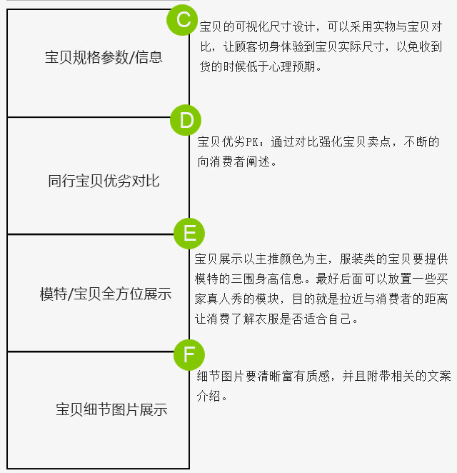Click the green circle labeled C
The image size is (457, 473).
[x=184, y=20]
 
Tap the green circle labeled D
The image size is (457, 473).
[x=186, y=120]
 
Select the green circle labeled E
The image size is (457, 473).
[x=189, y=234]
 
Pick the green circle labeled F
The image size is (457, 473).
[x=189, y=354]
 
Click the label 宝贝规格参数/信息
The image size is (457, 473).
[x=104, y=57]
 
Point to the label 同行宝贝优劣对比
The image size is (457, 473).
[x=104, y=181]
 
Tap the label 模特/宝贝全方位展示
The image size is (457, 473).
[x=106, y=294]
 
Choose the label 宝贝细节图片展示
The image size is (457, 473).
[x=111, y=410]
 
